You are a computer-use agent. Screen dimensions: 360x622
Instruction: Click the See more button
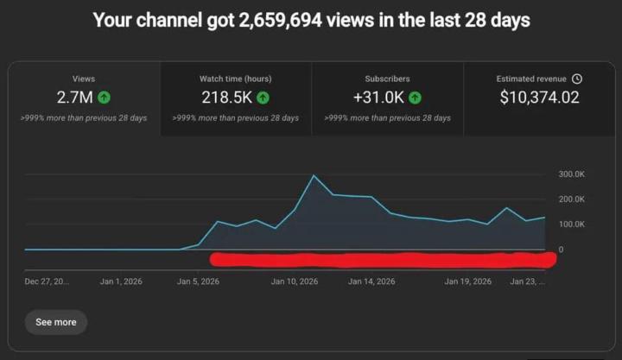(x=56, y=322)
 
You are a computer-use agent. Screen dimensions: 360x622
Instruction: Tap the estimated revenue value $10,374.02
(x=539, y=98)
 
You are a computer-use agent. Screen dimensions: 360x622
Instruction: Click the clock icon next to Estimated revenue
(x=577, y=79)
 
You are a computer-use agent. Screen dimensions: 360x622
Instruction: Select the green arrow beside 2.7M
(x=105, y=98)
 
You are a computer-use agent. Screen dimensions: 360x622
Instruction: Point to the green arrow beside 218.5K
(x=263, y=98)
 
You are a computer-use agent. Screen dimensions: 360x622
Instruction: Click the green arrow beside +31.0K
(x=415, y=98)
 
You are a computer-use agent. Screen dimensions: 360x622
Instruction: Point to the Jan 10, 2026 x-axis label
(x=296, y=281)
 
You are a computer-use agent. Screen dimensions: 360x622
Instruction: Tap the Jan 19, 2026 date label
(x=467, y=281)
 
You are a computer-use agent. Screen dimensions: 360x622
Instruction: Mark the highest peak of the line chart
(x=313, y=176)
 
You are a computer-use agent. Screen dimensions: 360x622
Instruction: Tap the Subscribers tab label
(x=387, y=79)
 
